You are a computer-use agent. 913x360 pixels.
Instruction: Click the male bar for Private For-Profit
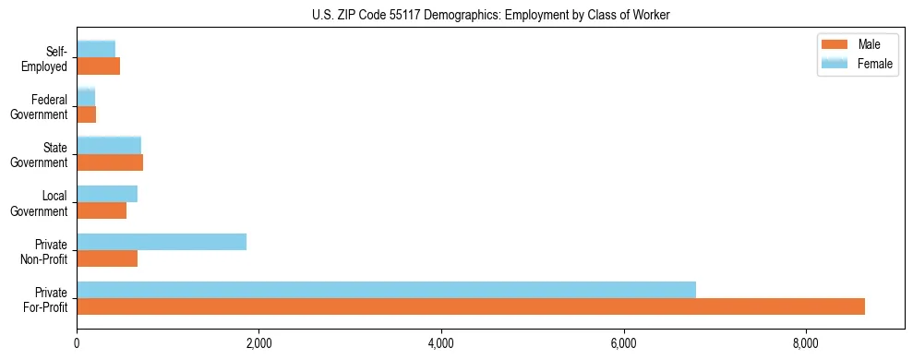click(x=471, y=306)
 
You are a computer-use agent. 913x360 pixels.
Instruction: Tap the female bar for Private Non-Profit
click(x=162, y=241)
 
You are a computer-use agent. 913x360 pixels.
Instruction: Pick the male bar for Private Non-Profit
click(x=107, y=258)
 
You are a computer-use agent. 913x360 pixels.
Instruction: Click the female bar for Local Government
click(x=107, y=193)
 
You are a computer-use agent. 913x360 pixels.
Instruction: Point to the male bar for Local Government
click(x=102, y=210)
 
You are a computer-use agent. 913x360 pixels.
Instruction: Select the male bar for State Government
click(x=110, y=162)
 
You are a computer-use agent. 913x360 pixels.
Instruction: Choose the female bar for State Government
click(x=109, y=145)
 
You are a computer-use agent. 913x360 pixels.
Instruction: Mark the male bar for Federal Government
click(x=87, y=114)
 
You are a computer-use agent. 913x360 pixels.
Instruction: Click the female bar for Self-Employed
click(x=96, y=49)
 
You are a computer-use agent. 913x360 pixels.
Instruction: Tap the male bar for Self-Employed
click(x=99, y=66)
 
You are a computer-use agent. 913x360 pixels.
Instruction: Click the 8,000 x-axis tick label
click(x=806, y=344)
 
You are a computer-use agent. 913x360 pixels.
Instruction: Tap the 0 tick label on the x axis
click(x=77, y=344)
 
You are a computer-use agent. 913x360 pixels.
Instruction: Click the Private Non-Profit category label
click(x=46, y=251)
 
